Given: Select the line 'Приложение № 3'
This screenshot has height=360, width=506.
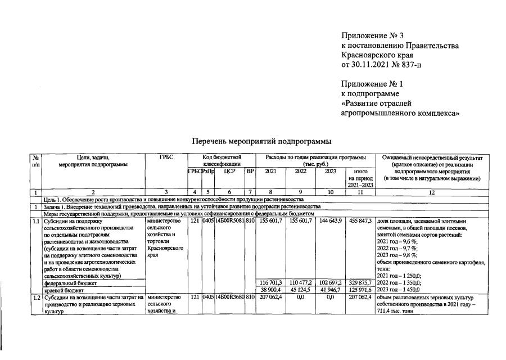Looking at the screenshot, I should pos(373,36).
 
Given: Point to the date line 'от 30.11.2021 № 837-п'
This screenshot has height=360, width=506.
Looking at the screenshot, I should pos(381,65).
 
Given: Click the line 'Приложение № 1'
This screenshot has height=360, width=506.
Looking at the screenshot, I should pos(373,84).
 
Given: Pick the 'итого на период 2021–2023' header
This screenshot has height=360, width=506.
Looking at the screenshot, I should pos(360,178).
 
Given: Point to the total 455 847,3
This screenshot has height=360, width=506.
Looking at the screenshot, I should pos(360,221).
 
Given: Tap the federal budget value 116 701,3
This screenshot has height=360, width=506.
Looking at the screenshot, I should pos(270,282).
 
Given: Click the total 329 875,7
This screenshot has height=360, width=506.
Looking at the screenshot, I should pos(360,282).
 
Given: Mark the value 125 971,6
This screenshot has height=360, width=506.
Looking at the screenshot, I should pos(360,289).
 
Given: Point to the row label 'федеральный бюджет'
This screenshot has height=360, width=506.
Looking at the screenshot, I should pos(66,283).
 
